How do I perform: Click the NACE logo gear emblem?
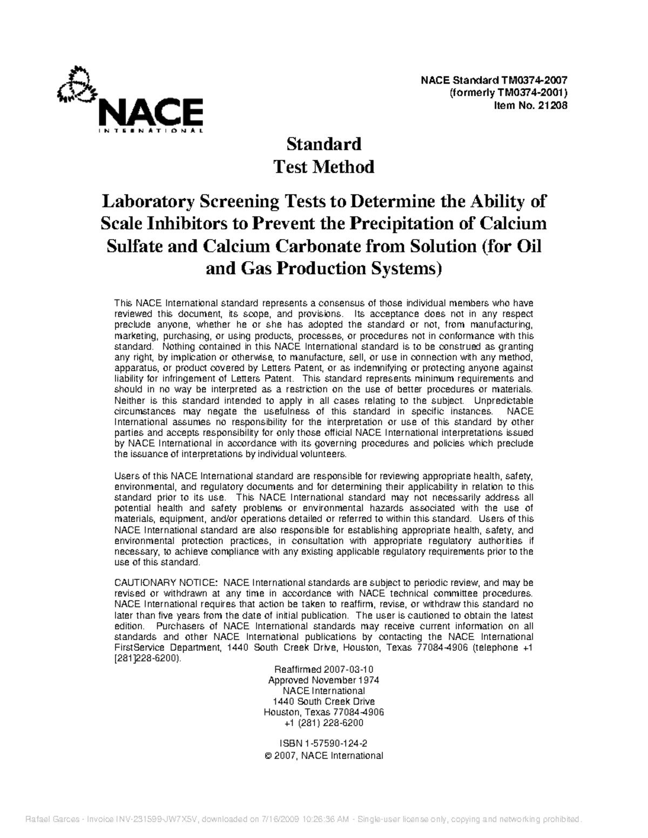(76, 85)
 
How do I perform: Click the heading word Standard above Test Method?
(323, 144)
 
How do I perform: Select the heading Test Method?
(323, 167)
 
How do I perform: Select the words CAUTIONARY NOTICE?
(166, 583)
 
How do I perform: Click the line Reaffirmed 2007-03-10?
(323, 669)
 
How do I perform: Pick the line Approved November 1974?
(323, 680)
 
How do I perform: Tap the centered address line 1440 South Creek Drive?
(323, 701)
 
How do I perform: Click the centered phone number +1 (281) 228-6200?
(323, 723)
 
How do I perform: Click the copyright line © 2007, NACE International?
(325, 755)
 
